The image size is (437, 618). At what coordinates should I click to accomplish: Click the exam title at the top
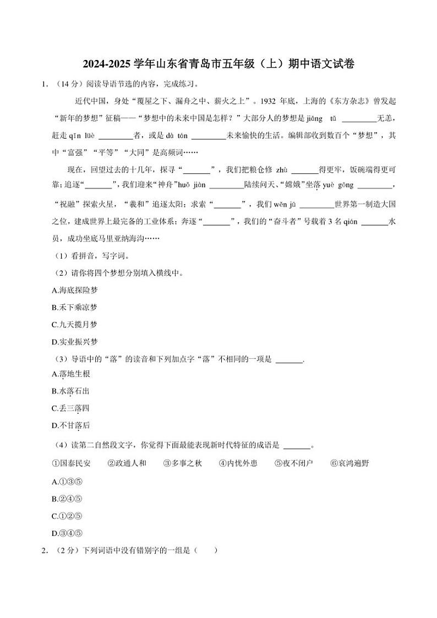pyautogui.click(x=218, y=64)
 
